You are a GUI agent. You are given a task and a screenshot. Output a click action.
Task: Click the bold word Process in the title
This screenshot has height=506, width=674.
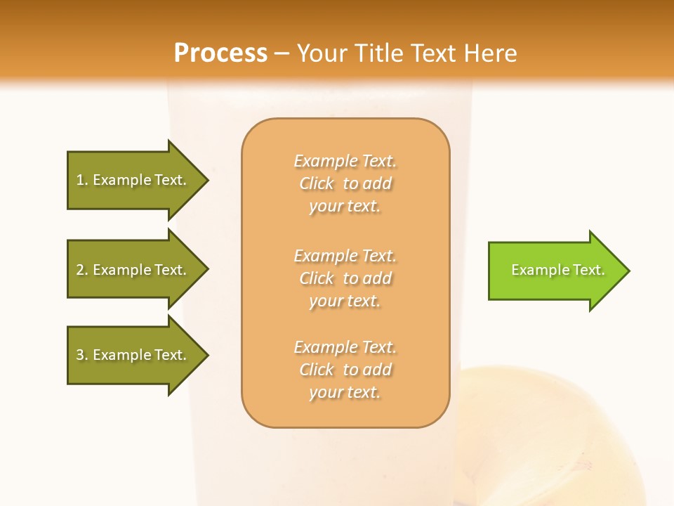click(220, 53)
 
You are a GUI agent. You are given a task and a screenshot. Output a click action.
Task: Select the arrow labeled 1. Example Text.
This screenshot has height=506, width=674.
click(133, 180)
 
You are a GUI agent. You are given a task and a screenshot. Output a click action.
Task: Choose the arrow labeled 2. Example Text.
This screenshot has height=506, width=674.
click(133, 270)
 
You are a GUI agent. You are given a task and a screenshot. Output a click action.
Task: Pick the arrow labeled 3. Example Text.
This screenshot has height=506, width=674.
click(133, 355)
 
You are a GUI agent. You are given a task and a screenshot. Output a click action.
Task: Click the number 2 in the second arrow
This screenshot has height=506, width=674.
click(80, 270)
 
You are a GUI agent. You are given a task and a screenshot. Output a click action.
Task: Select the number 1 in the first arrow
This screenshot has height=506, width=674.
click(80, 180)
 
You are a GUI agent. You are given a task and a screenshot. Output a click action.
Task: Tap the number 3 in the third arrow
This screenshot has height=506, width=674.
click(80, 355)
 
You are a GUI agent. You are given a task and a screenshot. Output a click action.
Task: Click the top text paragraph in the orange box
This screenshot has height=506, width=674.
click(345, 183)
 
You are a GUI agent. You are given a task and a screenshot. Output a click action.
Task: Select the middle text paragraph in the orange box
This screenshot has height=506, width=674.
click(345, 278)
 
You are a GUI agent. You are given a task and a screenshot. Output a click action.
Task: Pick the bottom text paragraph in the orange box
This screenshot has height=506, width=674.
click(345, 370)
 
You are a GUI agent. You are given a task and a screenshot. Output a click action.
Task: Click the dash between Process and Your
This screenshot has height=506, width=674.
click(282, 53)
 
